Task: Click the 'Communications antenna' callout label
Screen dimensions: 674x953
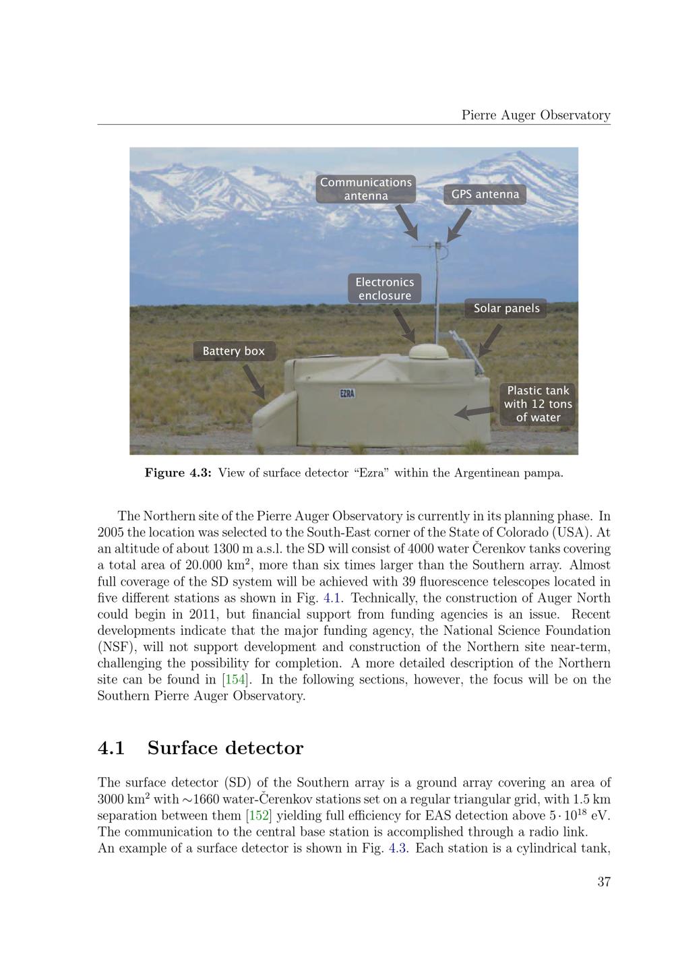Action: [365, 189]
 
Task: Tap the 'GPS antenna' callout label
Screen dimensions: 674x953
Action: [485, 194]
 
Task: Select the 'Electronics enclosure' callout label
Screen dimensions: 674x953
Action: [385, 288]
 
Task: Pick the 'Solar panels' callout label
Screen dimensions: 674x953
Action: [506, 309]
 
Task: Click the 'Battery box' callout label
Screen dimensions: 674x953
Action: [234, 351]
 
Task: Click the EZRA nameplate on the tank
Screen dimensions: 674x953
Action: [347, 394]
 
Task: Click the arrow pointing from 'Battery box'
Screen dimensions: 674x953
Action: [254, 382]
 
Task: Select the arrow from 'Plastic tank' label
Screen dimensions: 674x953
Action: [474, 411]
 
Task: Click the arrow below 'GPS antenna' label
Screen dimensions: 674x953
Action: [459, 226]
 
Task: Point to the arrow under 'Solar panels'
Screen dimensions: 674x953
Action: [490, 341]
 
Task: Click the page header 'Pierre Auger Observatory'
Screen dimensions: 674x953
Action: [536, 115]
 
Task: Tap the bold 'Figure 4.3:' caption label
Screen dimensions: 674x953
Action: [178, 473]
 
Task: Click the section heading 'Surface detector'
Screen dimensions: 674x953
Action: [226, 748]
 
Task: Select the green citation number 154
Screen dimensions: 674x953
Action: [235, 679]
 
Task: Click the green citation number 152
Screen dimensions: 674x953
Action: [259, 816]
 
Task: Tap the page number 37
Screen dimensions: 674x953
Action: [604, 882]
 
